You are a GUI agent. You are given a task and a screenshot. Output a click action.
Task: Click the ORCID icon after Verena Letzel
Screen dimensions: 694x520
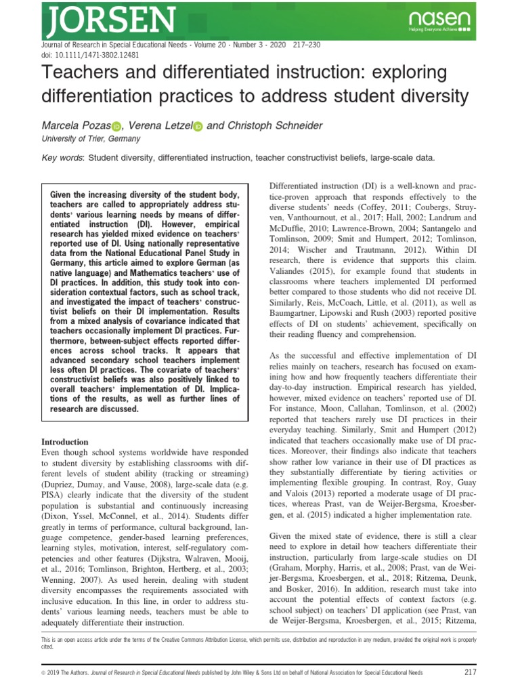(198, 126)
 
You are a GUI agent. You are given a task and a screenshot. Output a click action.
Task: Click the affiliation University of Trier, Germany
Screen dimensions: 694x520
(91, 139)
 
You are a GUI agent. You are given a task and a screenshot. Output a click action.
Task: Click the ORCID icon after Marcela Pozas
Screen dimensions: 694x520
(115, 126)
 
